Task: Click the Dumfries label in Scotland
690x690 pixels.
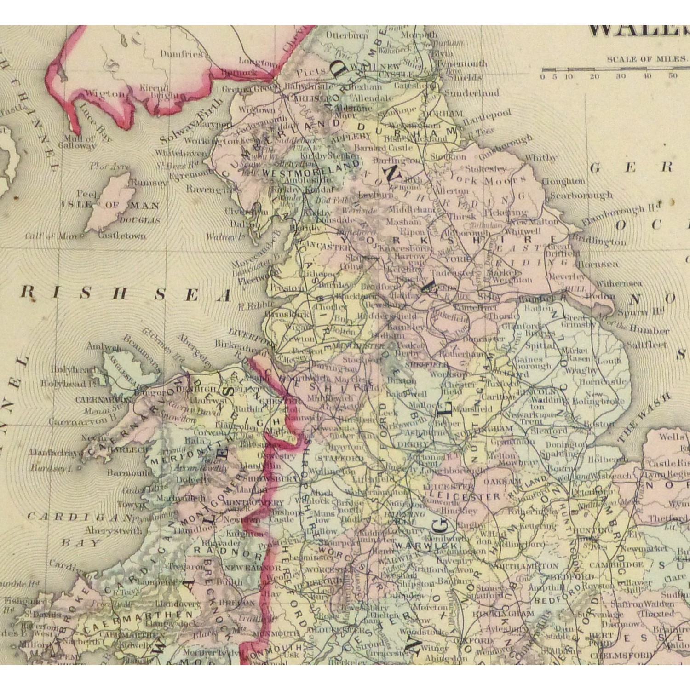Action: tap(181, 54)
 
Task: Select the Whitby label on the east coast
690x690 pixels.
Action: tap(540, 157)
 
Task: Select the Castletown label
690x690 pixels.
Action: tap(122, 236)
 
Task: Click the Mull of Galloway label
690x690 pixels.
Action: tap(80, 143)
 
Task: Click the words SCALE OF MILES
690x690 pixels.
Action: tap(646, 59)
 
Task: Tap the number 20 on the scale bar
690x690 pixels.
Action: tap(594, 76)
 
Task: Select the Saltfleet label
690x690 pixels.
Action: tap(646, 344)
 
